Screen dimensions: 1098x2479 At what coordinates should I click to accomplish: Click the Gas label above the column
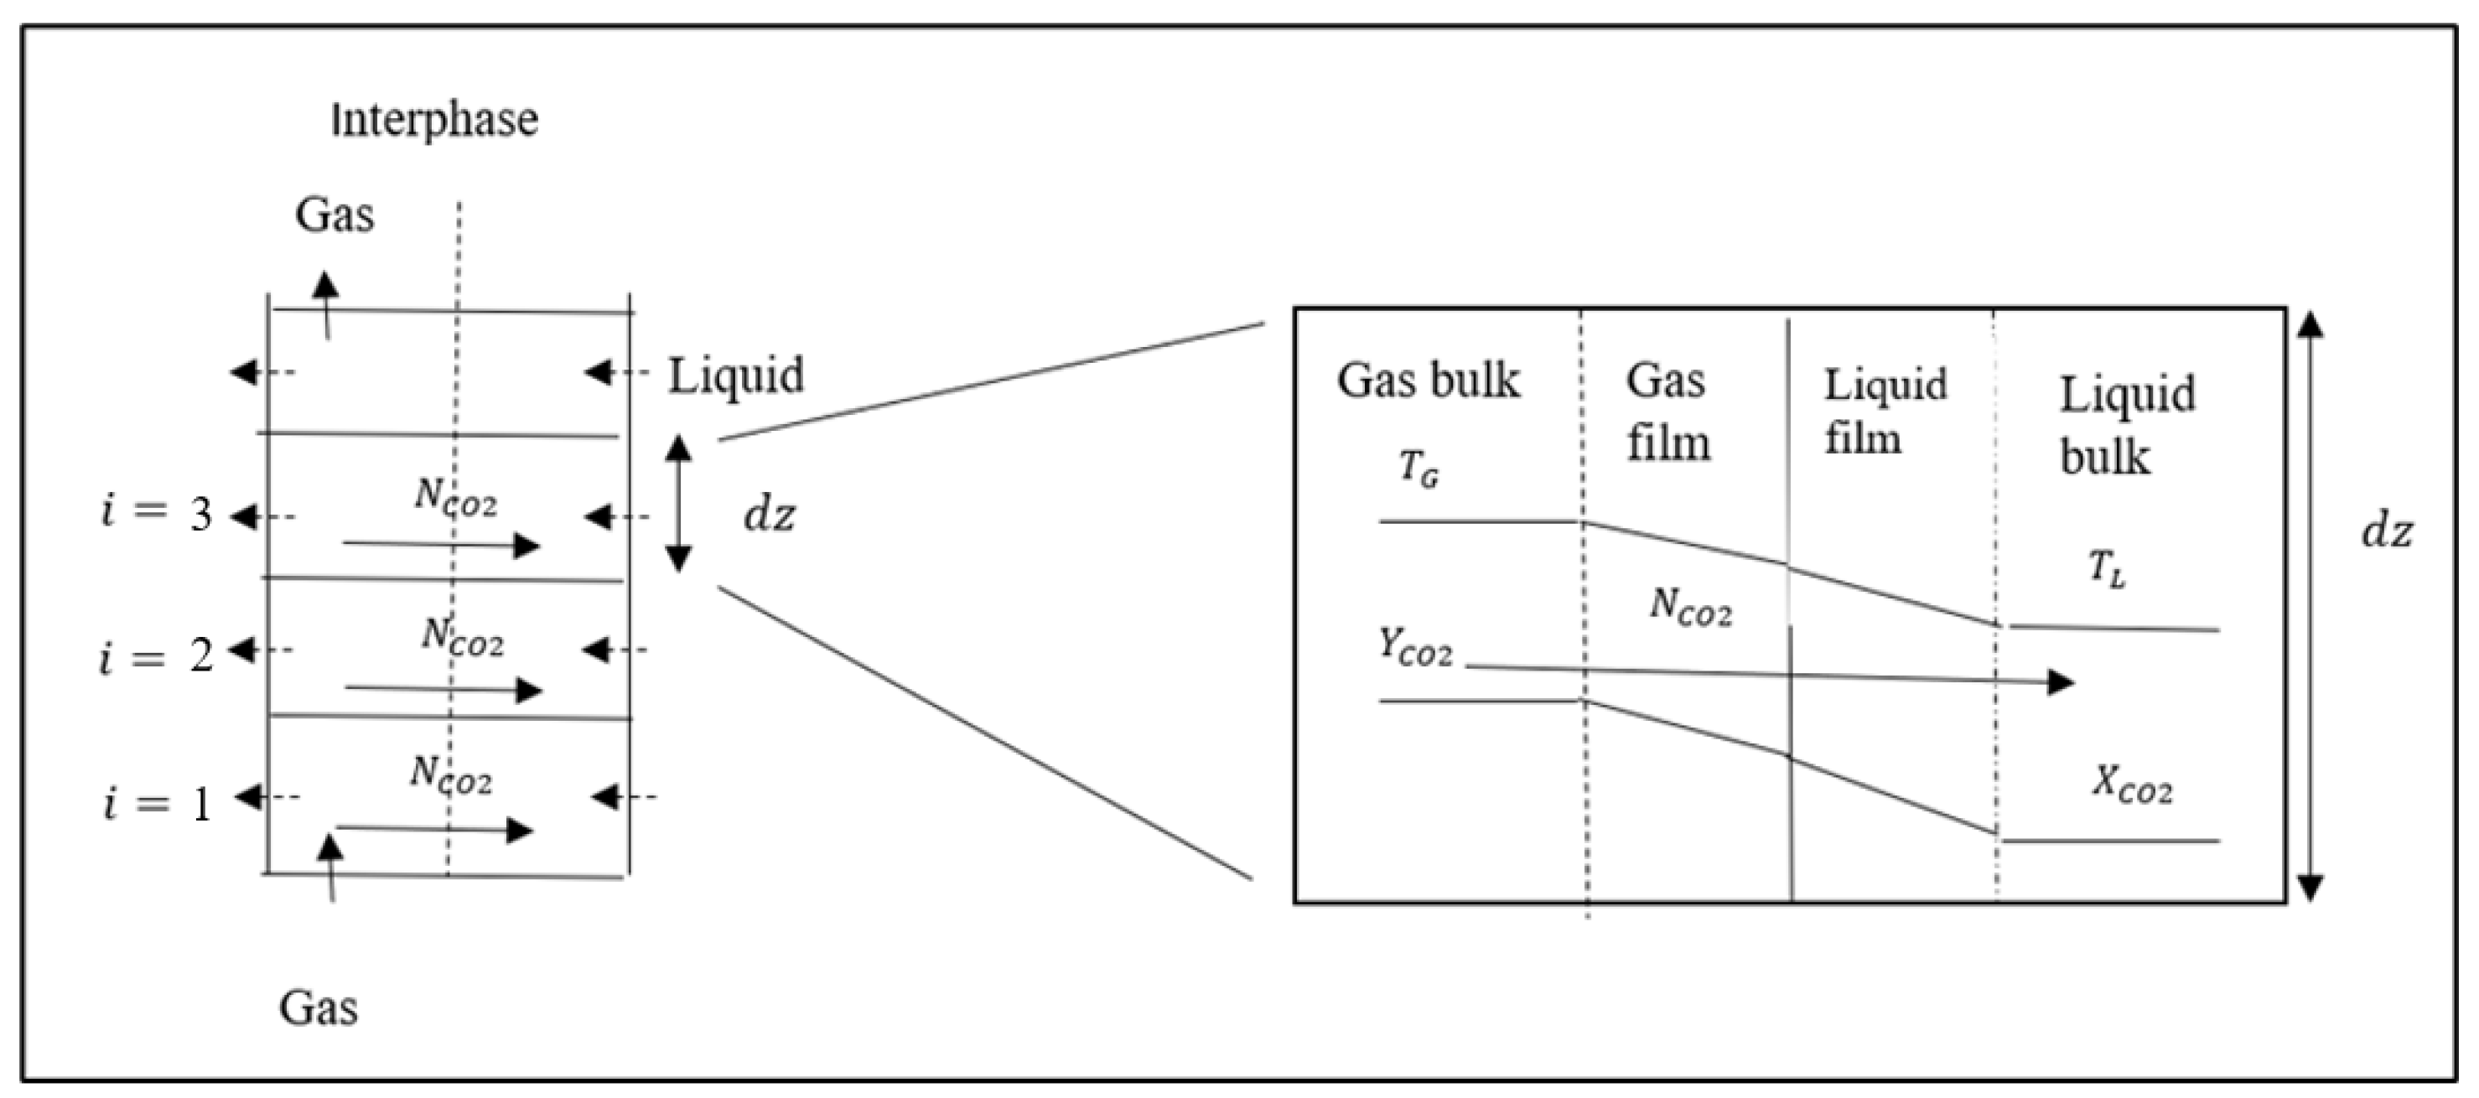coord(334,215)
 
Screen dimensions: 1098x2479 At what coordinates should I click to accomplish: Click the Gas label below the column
coord(319,1008)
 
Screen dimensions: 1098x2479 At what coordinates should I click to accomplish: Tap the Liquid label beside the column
coord(736,376)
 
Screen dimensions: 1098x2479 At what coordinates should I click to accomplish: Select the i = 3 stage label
coord(157,514)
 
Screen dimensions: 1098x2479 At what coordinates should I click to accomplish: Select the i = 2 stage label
coord(157,657)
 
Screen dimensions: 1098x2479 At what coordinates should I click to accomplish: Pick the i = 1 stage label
coord(157,803)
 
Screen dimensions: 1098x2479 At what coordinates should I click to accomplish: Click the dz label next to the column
coord(770,515)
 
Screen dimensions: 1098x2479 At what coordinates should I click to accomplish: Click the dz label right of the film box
coord(2387,532)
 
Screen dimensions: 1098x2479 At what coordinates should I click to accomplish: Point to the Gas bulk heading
coord(1428,381)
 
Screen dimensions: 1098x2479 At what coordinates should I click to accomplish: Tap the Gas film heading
coord(1667,412)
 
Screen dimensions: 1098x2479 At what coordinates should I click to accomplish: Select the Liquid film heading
coord(1885,412)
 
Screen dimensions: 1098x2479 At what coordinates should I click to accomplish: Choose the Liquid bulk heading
coord(2127,424)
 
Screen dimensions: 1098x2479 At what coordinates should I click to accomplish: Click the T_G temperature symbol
coord(1418,469)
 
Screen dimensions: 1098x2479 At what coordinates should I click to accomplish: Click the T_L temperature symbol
coord(2107,570)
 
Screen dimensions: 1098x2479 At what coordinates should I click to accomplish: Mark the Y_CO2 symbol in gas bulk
coord(1414,648)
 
